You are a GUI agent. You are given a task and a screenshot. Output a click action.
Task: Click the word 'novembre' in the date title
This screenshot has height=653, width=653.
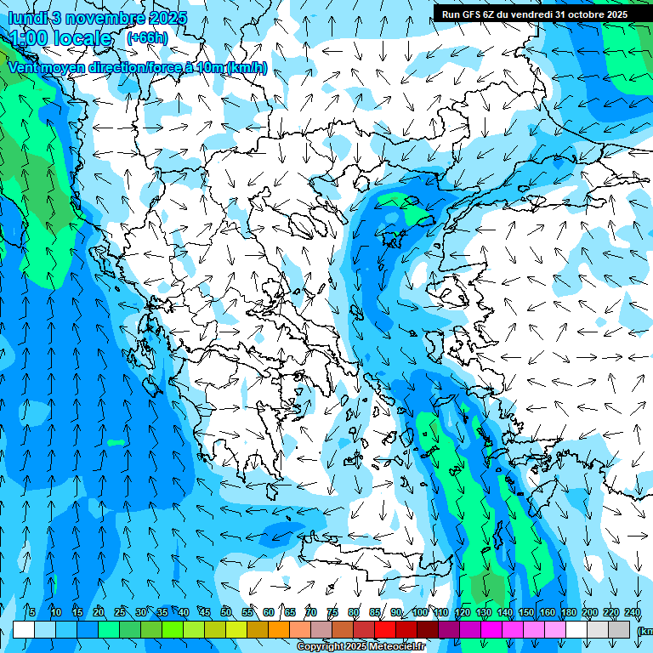tap(94, 17)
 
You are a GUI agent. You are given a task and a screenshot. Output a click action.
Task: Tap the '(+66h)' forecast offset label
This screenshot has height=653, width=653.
tap(147, 37)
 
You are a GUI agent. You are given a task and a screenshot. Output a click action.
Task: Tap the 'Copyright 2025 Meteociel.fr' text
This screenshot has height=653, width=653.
tap(361, 647)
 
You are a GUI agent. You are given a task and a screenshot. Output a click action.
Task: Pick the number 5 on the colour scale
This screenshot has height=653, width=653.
tap(31, 612)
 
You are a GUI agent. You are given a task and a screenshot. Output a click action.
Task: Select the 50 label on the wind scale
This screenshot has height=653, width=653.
tap(226, 612)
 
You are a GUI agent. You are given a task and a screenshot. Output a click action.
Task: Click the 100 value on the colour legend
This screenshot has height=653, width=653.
tap(420, 612)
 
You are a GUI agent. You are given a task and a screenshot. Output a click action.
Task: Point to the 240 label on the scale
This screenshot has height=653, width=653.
tap(633, 612)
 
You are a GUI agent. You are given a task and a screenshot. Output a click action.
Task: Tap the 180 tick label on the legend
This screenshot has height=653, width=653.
tap(569, 612)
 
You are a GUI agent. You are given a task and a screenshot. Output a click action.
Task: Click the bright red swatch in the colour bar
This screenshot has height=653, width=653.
tap(385, 629)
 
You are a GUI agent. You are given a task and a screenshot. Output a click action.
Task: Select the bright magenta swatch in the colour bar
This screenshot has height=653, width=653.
tap(491, 629)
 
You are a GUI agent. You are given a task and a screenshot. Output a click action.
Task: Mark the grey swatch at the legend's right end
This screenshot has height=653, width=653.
tap(619, 629)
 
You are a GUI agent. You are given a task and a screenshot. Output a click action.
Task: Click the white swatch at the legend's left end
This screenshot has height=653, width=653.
tap(24, 629)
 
